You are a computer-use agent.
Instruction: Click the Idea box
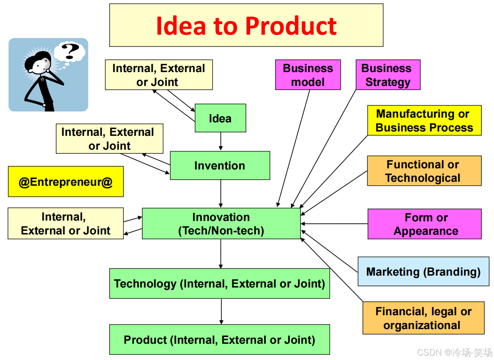(220, 118)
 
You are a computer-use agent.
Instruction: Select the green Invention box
(220, 166)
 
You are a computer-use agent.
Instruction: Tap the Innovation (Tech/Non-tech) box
(221, 224)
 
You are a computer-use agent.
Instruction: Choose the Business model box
(308, 75)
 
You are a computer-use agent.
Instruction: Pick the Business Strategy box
(388, 75)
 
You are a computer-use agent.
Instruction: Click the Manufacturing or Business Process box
(424, 120)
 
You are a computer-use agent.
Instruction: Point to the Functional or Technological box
(424, 171)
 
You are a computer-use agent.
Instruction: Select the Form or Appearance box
(424, 224)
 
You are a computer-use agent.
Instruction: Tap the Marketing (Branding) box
(423, 272)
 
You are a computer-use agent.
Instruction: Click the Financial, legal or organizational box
(423, 318)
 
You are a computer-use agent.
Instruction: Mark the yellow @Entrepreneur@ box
(66, 182)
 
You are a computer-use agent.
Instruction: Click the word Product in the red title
(291, 26)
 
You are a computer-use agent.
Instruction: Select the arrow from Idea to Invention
(220, 141)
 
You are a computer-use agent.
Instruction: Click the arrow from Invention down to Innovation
(220, 194)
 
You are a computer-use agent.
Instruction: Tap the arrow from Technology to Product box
(221, 311)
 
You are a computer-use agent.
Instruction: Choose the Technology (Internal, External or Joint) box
(219, 284)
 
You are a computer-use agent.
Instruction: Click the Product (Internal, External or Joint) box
(219, 340)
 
